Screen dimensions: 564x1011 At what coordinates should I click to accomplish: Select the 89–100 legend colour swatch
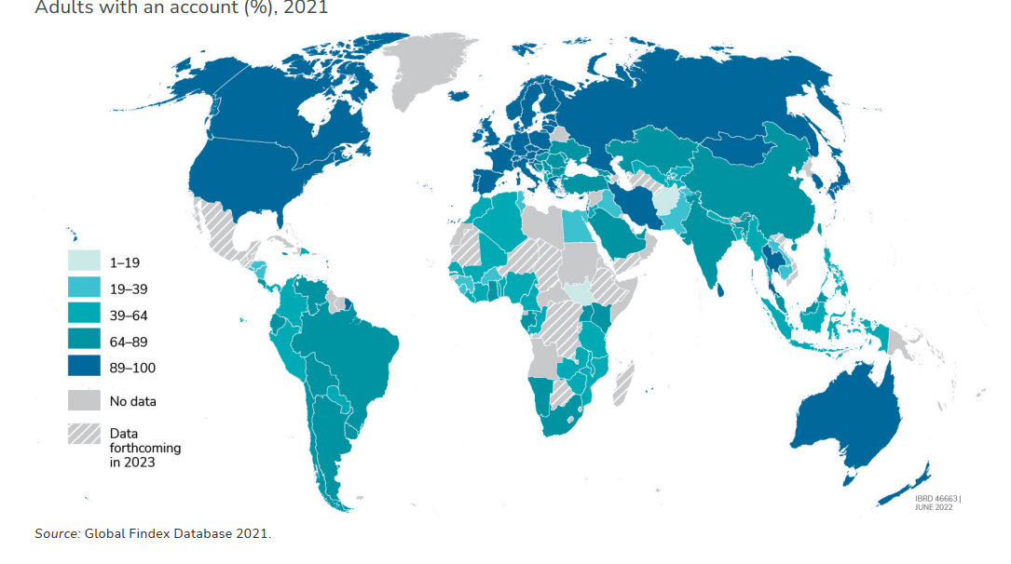[x=83, y=368]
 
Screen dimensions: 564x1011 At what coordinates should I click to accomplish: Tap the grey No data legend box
[x=83, y=401]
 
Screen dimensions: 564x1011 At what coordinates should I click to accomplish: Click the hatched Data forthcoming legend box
[x=83, y=434]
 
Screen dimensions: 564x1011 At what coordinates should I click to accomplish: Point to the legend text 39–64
[x=129, y=316]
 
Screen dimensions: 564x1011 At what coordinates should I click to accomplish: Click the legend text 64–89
[x=129, y=342]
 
